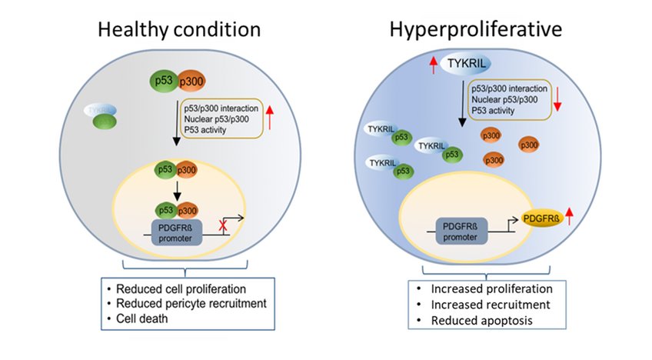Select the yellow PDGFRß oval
(x=542, y=218)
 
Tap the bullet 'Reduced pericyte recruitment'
(x=191, y=303)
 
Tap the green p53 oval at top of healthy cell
(x=161, y=81)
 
